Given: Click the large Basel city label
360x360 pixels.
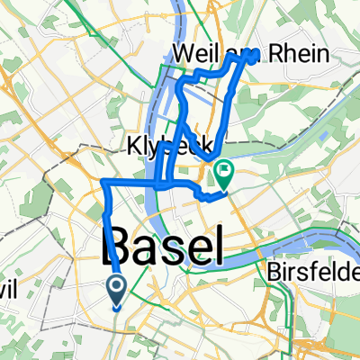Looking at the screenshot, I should [x=164, y=244].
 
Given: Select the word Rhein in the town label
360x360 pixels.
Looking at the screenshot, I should [x=302, y=55].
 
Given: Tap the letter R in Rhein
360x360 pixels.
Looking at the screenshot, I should [x=283, y=55].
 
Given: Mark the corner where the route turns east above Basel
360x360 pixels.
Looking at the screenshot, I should [x=107, y=184].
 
